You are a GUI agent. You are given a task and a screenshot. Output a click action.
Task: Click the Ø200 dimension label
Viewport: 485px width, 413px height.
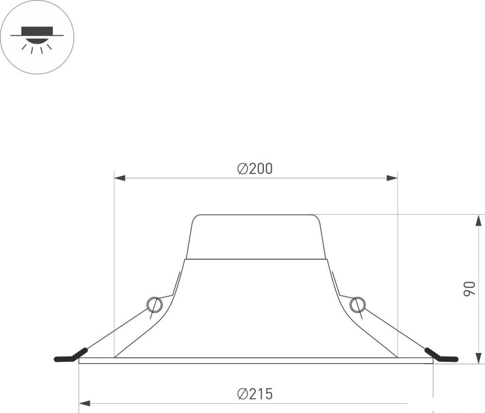255,169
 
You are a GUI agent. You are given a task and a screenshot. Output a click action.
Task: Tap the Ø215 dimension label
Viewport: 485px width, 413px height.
255,394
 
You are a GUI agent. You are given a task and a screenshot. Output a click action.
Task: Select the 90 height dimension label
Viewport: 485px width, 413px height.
469,289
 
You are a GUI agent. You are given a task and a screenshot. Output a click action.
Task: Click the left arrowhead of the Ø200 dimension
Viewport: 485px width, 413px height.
120,178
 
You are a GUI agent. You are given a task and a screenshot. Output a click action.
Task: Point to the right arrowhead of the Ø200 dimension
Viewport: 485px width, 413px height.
392,178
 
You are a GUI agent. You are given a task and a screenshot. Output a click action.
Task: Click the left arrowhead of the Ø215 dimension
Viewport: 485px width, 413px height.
84,403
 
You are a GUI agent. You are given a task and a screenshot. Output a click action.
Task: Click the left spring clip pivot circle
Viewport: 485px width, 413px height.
154,305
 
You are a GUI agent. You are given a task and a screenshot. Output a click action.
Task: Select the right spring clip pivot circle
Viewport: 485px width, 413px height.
357,305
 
